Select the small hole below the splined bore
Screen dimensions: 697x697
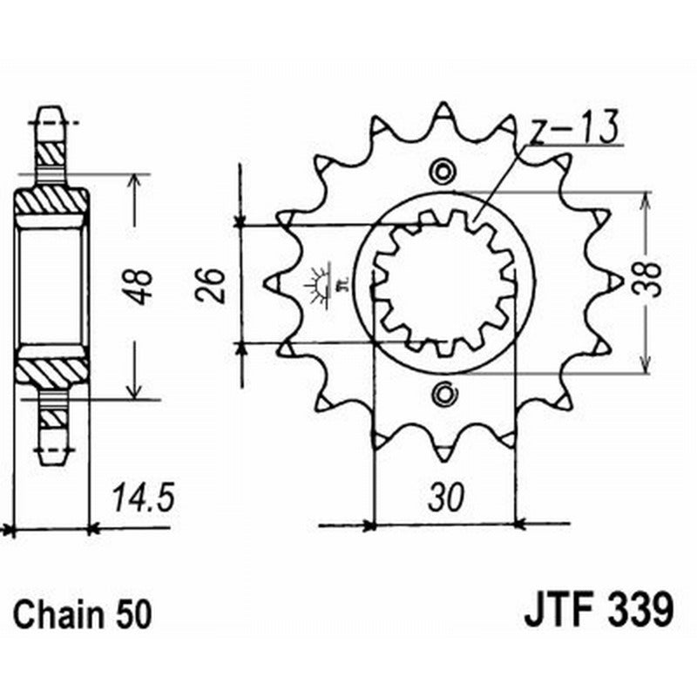pyautogui.click(x=445, y=394)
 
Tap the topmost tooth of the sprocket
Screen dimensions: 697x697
pyautogui.click(x=443, y=113)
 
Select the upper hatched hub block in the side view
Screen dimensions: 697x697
pyautogui.click(x=51, y=203)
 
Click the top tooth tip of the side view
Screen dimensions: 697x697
pyautogui.click(x=51, y=115)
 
